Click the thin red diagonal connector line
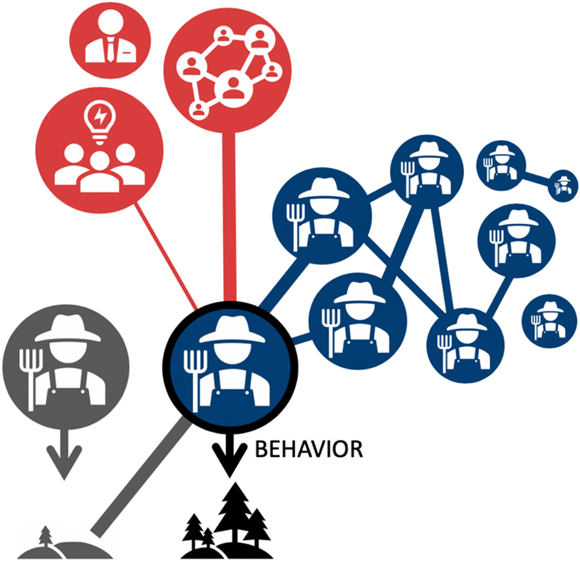pyautogui.click(x=168, y=255)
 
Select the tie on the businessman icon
pyautogui.click(x=109, y=51)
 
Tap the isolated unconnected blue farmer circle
pyautogui.click(x=548, y=319)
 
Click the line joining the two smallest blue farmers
pyautogui.click(x=536, y=176)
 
